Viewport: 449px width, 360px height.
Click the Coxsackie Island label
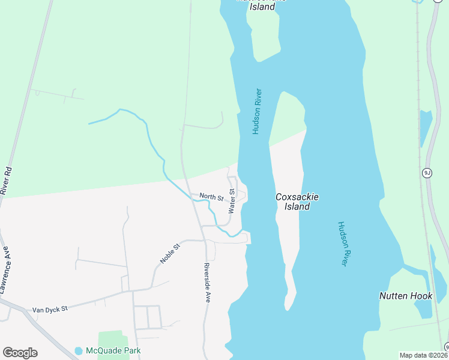(x=297, y=202)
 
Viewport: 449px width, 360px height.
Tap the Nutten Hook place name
(x=406, y=296)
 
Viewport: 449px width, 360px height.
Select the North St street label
(x=211, y=197)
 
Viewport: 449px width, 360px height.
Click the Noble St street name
(x=170, y=253)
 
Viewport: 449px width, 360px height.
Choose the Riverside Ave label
(x=207, y=282)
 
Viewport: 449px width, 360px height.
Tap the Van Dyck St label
(x=50, y=308)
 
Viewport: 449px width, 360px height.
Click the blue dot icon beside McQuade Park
(x=79, y=350)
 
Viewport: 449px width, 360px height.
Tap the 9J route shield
(x=427, y=173)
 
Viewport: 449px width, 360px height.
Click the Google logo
(x=20, y=353)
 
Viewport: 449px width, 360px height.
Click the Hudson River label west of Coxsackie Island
(x=257, y=112)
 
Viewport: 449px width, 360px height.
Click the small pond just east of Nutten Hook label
(x=424, y=308)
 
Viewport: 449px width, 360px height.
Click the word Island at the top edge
(x=262, y=7)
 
